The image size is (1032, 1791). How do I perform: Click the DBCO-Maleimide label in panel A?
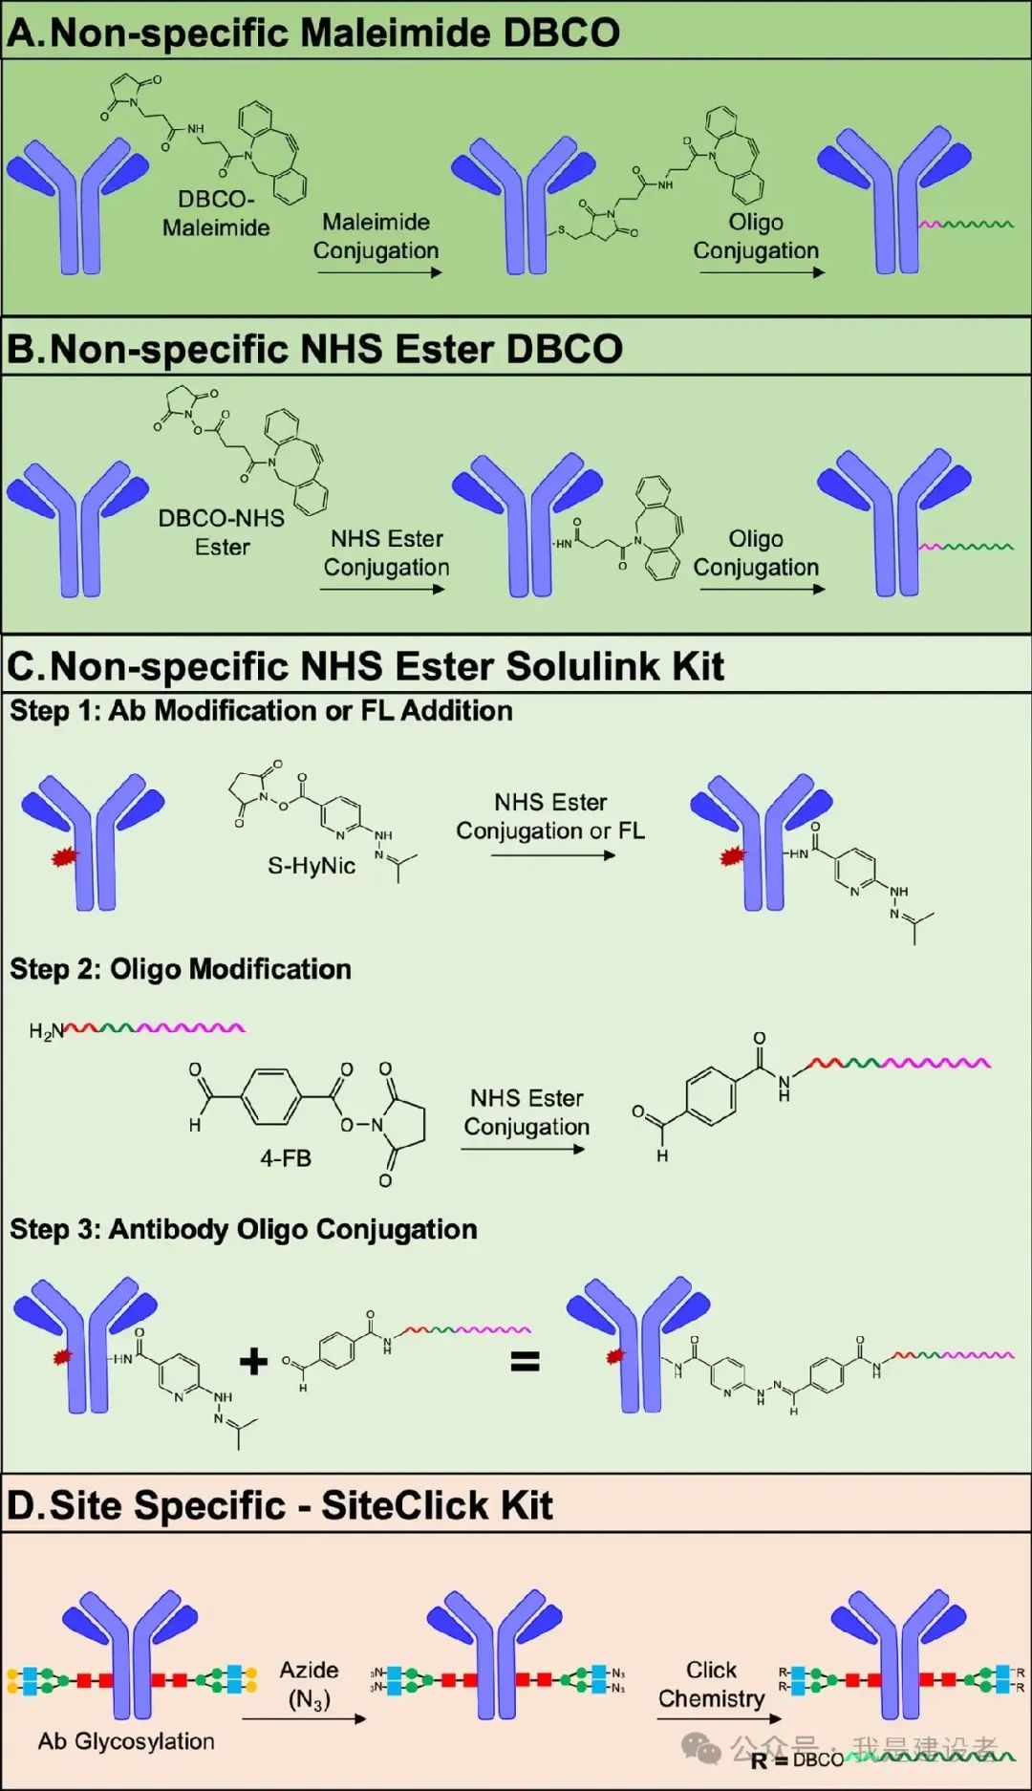[216, 213]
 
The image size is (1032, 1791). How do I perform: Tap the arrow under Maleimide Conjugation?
[379, 272]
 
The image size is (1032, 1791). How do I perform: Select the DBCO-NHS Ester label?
[222, 532]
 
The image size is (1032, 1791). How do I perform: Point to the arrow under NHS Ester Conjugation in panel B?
[382, 589]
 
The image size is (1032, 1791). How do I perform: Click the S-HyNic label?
[312, 866]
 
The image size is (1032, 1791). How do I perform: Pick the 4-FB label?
[286, 1158]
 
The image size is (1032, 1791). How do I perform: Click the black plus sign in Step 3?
[253, 1361]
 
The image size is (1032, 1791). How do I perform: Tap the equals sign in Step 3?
[525, 1361]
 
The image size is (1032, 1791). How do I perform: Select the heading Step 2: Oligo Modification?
[181, 969]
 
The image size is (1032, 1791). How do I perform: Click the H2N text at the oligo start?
[46, 1031]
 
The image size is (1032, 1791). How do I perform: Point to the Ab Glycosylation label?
[126, 1741]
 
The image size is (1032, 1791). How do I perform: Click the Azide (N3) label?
[309, 1684]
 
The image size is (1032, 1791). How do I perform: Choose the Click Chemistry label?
[712, 1684]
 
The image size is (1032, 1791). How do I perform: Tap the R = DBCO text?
[797, 1759]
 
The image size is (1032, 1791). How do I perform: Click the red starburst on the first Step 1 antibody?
[64, 857]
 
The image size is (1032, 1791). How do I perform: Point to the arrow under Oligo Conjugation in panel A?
[762, 272]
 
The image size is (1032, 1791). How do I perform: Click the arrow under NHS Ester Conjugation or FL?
[552, 855]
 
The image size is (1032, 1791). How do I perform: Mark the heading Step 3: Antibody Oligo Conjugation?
[244, 1229]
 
